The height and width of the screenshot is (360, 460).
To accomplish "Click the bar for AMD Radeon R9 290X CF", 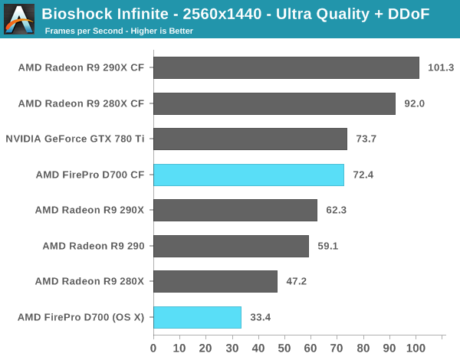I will click(286, 67).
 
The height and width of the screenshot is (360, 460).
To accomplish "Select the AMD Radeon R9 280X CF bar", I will click(274, 103).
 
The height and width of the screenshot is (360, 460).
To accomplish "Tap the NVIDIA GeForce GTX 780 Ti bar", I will click(250, 139).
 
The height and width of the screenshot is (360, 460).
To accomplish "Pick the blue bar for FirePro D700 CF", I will click(248, 175).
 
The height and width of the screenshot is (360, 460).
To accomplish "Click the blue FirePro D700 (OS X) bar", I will click(197, 316).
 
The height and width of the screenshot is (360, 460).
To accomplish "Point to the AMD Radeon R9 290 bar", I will click(231, 246).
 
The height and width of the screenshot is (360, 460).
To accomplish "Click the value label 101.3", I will click(441, 67).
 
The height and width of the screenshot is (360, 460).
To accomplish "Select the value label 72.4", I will click(363, 175).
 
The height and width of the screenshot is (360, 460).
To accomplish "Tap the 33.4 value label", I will click(261, 316).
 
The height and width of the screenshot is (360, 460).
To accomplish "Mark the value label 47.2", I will click(297, 281).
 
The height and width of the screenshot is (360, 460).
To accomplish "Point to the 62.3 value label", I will click(337, 210).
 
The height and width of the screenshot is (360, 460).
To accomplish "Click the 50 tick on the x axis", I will click(284, 346).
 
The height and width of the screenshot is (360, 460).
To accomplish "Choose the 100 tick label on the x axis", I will click(416, 346).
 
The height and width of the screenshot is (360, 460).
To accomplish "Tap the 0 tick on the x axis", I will click(153, 346).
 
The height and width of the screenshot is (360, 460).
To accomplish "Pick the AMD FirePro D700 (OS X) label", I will click(80, 316).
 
